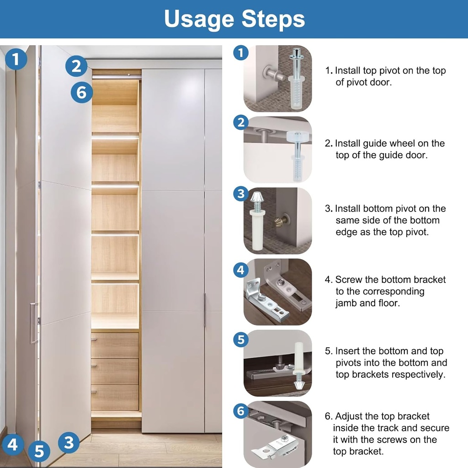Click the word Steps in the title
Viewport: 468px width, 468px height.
[x=273, y=19]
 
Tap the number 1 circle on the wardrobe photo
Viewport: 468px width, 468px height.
[x=16, y=59]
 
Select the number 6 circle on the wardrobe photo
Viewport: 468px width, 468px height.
[x=82, y=92]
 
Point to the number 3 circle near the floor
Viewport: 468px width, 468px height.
[x=69, y=442]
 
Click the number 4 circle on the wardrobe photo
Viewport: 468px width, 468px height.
[x=13, y=444]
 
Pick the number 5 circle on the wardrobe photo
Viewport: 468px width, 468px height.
[x=39, y=452]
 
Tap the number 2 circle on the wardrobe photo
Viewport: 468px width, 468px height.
[x=76, y=67]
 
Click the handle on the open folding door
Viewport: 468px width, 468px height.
[x=33, y=323]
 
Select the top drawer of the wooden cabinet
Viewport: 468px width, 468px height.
[x=115, y=345]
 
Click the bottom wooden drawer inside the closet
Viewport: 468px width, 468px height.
[x=115, y=397]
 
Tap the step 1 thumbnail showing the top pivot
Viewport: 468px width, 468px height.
[x=278, y=79]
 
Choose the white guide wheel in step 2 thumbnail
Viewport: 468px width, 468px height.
[x=297, y=136]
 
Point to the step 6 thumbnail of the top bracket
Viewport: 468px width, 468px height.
[x=278, y=434]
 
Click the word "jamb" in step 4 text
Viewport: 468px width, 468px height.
[x=346, y=303]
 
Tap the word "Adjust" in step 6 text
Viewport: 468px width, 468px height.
[x=350, y=416]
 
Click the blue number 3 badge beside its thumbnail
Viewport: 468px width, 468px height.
[x=241, y=194]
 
